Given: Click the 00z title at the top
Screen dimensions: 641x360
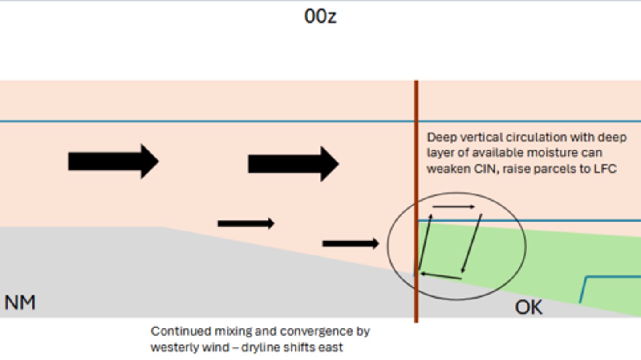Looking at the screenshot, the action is coord(320,16).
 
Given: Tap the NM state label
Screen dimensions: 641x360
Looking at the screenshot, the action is coord(20,303).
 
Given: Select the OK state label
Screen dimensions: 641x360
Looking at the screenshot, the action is coord(528,307).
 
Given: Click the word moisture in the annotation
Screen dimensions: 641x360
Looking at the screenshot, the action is coord(549,153).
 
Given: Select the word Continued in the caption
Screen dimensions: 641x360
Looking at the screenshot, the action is coord(181,331).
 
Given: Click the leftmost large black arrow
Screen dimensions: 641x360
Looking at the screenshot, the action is coord(114,162).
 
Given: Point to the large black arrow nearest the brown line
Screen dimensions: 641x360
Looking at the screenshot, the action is coord(294,164).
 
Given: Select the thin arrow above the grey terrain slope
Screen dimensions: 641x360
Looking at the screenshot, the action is coord(246,223).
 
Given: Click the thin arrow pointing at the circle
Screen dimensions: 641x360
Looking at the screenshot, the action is coord(351,243).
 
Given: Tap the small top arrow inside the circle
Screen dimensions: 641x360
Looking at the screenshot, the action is coord(454,206).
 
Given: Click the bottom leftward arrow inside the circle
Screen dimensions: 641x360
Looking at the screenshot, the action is coord(441,276).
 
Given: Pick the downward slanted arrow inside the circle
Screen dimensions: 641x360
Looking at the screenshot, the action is coord(471,243).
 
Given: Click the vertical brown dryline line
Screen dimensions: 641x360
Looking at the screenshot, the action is coord(416,202).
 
